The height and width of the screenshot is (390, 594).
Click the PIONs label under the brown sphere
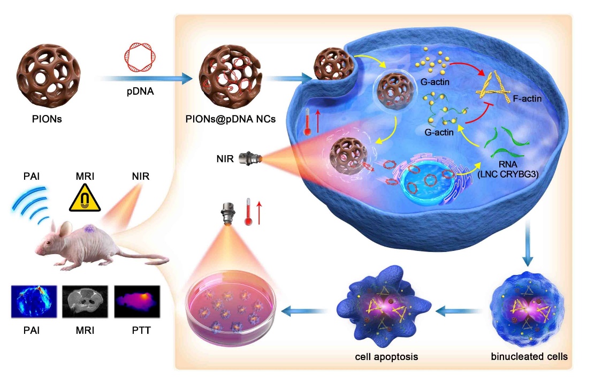[47, 119]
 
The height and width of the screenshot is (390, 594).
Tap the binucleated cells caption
[529, 356]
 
